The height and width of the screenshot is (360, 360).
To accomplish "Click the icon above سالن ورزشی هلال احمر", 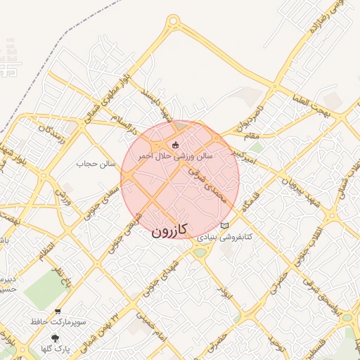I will pyautogui.click(x=175, y=146).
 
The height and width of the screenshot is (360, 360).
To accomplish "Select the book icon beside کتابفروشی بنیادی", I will pyautogui.click(x=224, y=226).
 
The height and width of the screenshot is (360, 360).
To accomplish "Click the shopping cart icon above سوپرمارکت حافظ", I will pyautogui.click(x=58, y=311).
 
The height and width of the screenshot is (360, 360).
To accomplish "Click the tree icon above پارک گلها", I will pyautogui.click(x=56, y=337).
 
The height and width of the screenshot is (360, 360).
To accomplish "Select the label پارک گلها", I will pyautogui.click(x=56, y=349).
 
